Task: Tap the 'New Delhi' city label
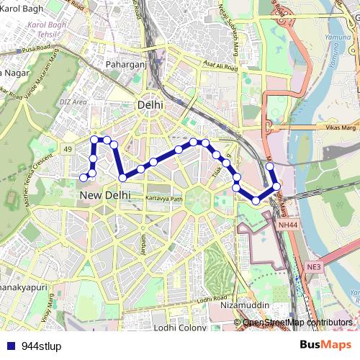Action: pyautogui.click(x=105, y=195)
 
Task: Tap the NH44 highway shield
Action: pyautogui.click(x=287, y=225)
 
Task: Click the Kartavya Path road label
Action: pyautogui.click(x=164, y=198)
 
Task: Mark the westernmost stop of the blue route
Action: pyautogui.click(x=84, y=177)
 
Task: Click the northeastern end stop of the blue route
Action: pyautogui.click(x=270, y=166)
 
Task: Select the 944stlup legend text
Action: pyautogui.click(x=42, y=346)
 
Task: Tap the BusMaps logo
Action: pyautogui.click(x=325, y=345)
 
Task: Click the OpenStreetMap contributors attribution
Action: pyautogui.click(x=297, y=323)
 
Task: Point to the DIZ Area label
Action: pyautogui.click(x=73, y=102)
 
